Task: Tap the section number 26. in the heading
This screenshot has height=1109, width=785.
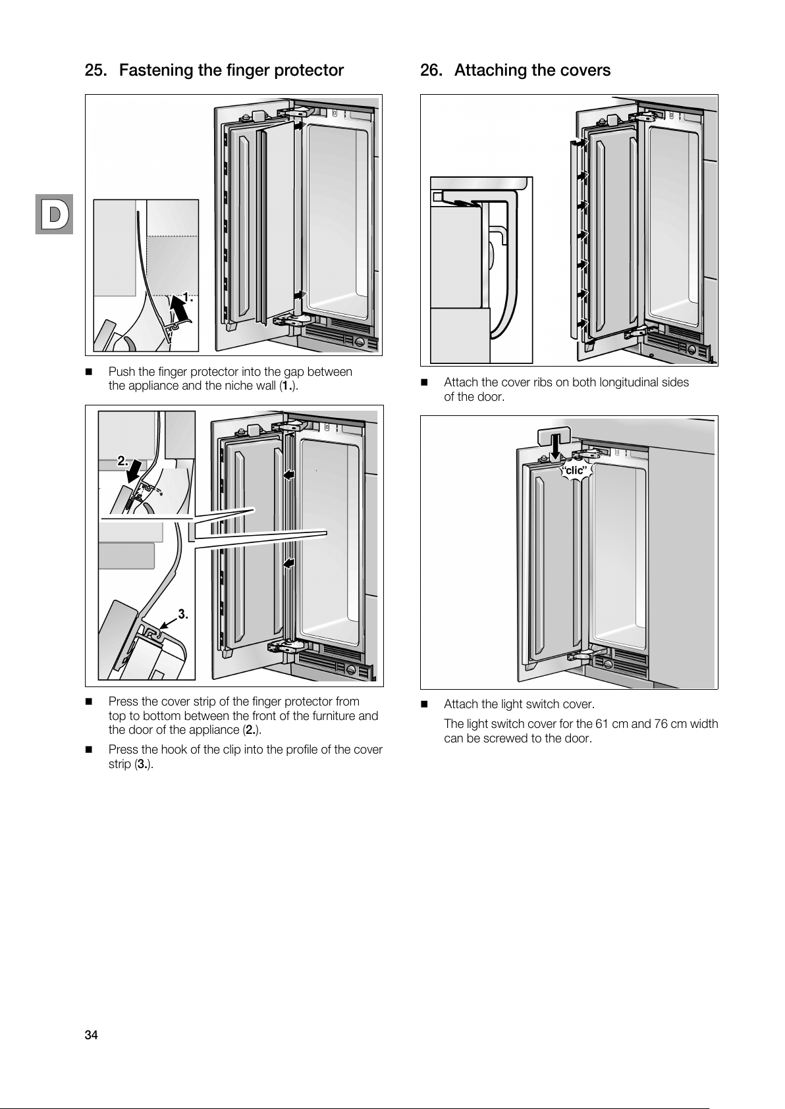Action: click(431, 70)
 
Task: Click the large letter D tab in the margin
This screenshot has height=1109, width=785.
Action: click(55, 214)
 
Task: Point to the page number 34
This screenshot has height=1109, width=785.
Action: click(91, 1035)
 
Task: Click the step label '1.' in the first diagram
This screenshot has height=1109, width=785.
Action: click(188, 297)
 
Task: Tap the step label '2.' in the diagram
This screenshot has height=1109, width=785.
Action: click(124, 460)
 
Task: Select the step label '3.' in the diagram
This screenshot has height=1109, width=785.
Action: click(183, 614)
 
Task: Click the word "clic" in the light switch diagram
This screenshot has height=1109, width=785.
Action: click(574, 470)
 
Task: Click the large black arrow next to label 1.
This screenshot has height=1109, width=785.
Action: click(176, 307)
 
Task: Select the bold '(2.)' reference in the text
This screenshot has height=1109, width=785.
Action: click(252, 730)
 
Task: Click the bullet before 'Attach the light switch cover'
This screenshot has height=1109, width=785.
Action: click(424, 705)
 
